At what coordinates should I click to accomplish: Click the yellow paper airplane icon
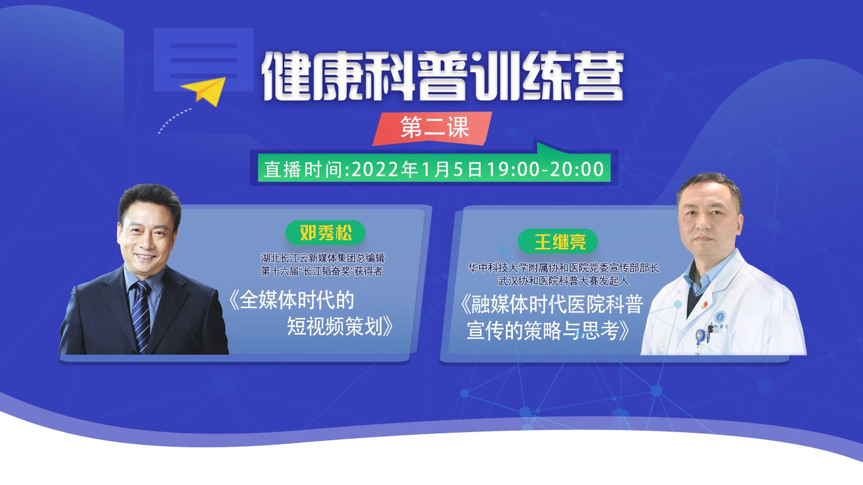[x=204, y=91]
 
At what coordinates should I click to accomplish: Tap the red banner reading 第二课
[x=432, y=128]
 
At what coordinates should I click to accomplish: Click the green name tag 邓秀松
[x=325, y=232]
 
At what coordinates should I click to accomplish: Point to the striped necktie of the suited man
[x=141, y=316]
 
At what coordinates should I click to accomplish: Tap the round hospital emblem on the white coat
[x=720, y=316]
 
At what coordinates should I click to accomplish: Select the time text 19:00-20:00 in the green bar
[x=545, y=169]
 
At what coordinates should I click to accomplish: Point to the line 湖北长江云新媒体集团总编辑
[x=323, y=258]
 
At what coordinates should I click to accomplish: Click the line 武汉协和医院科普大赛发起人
[x=563, y=281]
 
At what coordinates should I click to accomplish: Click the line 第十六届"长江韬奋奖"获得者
[x=321, y=272]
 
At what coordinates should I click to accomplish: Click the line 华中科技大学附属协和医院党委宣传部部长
[x=563, y=268]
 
